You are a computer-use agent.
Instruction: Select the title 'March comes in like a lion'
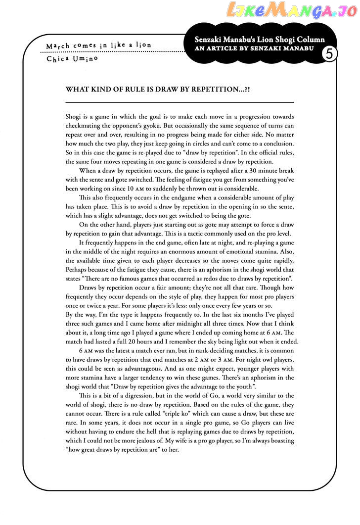[98, 46]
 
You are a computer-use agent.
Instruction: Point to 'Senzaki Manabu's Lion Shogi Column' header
[260, 40]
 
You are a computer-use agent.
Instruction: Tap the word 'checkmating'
[84, 125]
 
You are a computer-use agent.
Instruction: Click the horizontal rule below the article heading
[180, 102]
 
